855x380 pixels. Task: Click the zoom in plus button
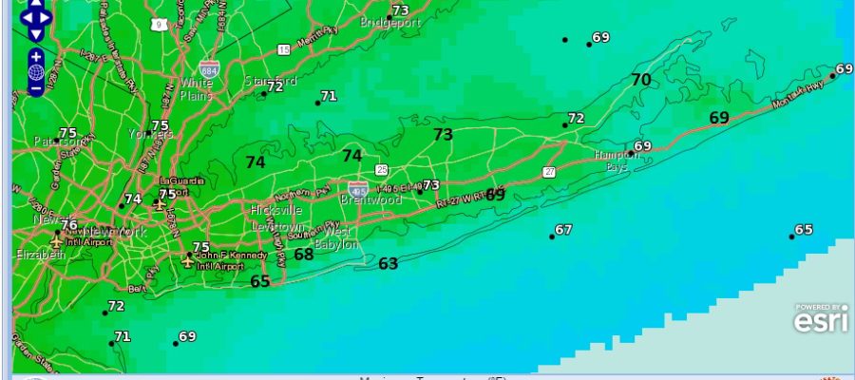36,56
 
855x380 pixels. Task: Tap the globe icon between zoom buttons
36,72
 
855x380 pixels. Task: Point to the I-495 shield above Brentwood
357,189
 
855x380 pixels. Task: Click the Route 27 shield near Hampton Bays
549,171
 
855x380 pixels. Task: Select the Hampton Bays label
617,160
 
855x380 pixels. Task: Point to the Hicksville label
275,209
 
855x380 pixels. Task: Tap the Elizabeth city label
40,255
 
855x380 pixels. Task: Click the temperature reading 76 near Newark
68,225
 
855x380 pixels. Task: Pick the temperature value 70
641,80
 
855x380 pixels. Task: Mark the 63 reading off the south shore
388,263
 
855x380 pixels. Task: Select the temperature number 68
303,254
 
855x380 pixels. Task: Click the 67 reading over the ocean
563,230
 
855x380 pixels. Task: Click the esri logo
822,321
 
